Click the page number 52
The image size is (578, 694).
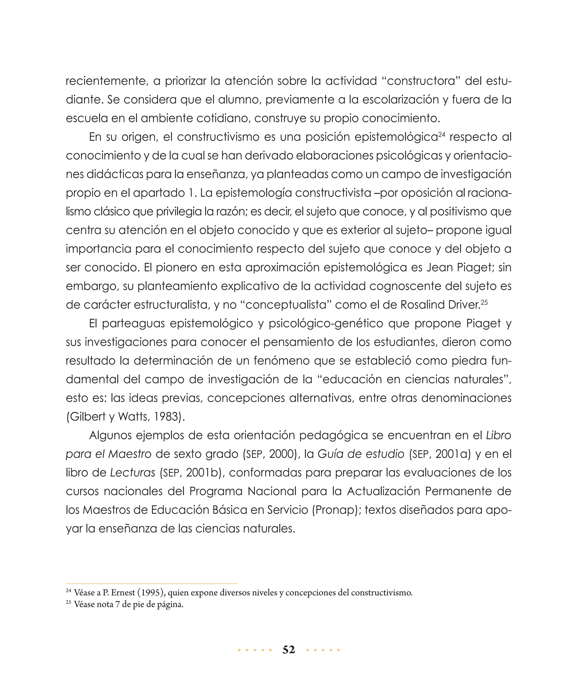[x=289, y=650]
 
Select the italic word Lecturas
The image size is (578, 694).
[x=132, y=473]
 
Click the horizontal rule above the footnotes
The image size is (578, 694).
[x=152, y=584]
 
